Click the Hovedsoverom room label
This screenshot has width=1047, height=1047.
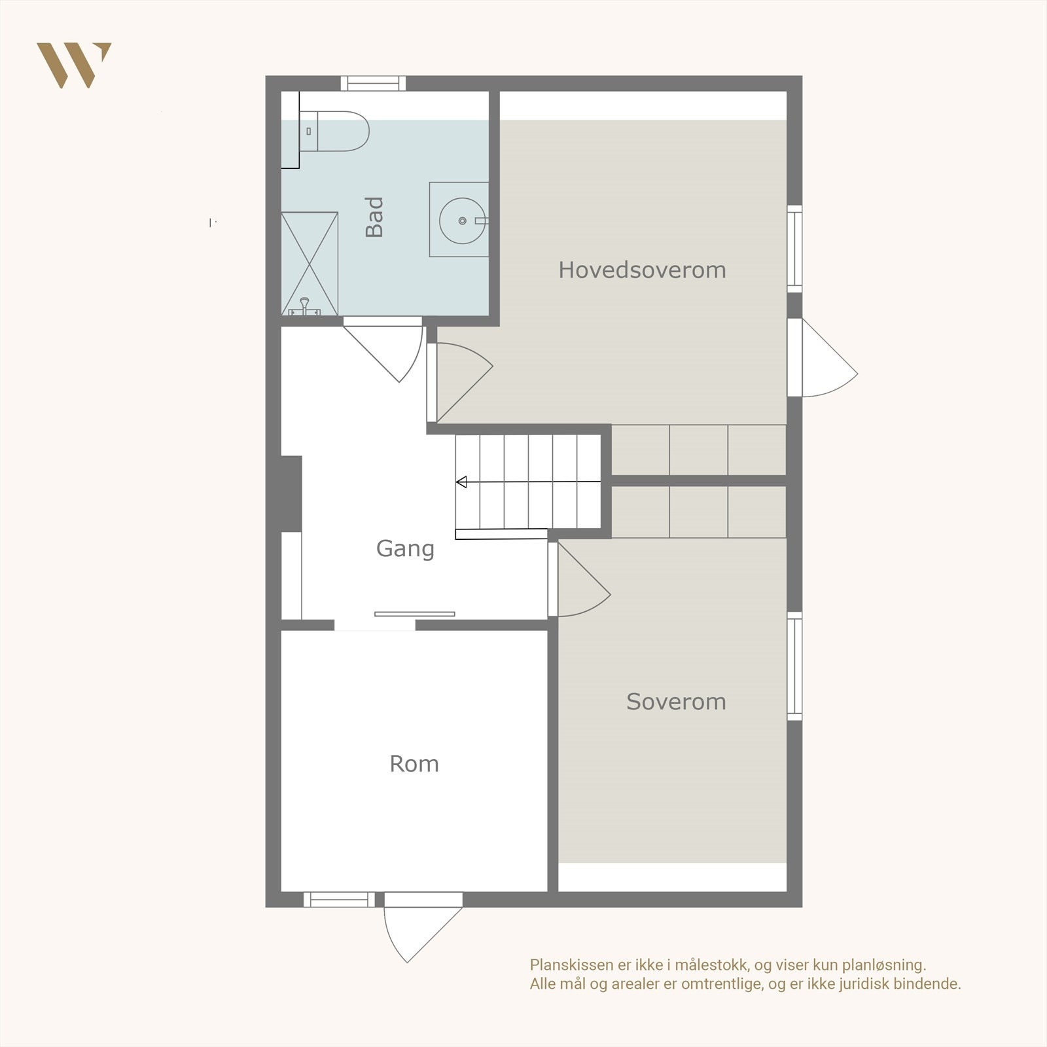pos(642,270)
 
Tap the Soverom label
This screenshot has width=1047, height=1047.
pos(676,701)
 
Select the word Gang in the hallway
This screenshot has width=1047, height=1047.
pos(405,548)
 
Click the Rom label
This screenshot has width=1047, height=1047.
pos(414,764)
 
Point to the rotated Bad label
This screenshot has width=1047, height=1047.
pos(374,217)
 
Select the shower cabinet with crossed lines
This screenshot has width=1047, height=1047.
pos(310,263)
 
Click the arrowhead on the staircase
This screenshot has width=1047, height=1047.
pos(461,482)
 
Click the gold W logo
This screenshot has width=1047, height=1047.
pos(73,65)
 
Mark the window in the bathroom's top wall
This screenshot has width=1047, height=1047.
pos(373,83)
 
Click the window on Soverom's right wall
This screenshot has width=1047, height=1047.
pos(794,666)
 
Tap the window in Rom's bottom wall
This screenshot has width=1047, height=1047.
pos(339,900)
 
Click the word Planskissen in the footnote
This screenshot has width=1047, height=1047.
pos(571,965)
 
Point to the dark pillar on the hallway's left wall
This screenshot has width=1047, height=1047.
pos(291,493)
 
